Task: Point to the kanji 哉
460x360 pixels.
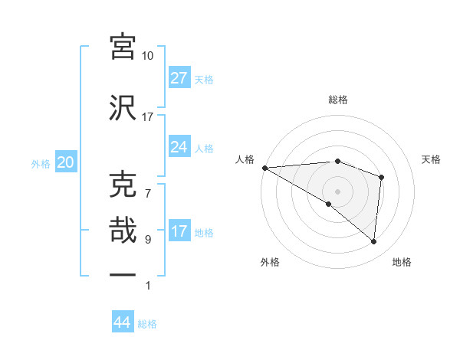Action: [123, 231]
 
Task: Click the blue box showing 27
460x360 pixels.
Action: [179, 78]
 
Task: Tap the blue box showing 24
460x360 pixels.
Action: [179, 147]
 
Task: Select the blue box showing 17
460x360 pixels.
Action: [179, 232]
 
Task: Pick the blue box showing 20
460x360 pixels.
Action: [65, 162]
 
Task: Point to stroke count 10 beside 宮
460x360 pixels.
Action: [147, 56]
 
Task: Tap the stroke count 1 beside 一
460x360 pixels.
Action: [147, 286]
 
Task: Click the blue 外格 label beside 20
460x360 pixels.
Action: [41, 163]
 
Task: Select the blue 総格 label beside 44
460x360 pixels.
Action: [147, 323]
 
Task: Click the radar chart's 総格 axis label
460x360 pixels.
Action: [337, 100]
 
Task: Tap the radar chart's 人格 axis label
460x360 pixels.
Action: [245, 159]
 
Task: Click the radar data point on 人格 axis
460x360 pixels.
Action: [264, 167]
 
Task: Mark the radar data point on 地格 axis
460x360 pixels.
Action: [374, 241]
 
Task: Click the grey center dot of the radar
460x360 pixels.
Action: [337, 191]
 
